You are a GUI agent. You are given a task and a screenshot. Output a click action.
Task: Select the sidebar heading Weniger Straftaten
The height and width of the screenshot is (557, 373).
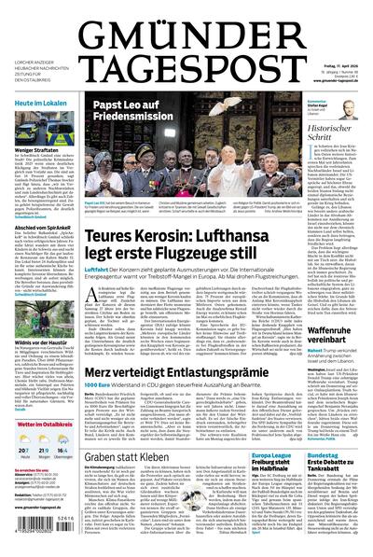(x=34, y=149)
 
